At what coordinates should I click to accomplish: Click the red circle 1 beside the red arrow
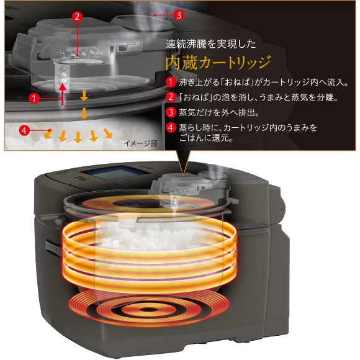[34, 99]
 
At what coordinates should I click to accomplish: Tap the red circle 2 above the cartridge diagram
[77, 17]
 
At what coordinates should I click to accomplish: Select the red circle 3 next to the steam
[179, 15]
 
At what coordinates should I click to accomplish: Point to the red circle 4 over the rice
[24, 130]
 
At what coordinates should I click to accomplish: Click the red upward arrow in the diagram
[62, 94]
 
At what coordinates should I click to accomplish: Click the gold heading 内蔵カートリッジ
[218, 63]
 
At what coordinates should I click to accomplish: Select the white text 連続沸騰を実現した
[211, 44]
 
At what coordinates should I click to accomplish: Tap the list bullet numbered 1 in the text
[171, 82]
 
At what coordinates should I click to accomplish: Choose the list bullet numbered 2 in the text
[171, 97]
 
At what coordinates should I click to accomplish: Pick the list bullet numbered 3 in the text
[171, 112]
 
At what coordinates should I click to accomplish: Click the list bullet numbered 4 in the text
[171, 127]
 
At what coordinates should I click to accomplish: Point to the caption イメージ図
[141, 143]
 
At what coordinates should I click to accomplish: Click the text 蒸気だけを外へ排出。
[219, 112]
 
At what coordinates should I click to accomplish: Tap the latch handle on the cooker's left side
[52, 248]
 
